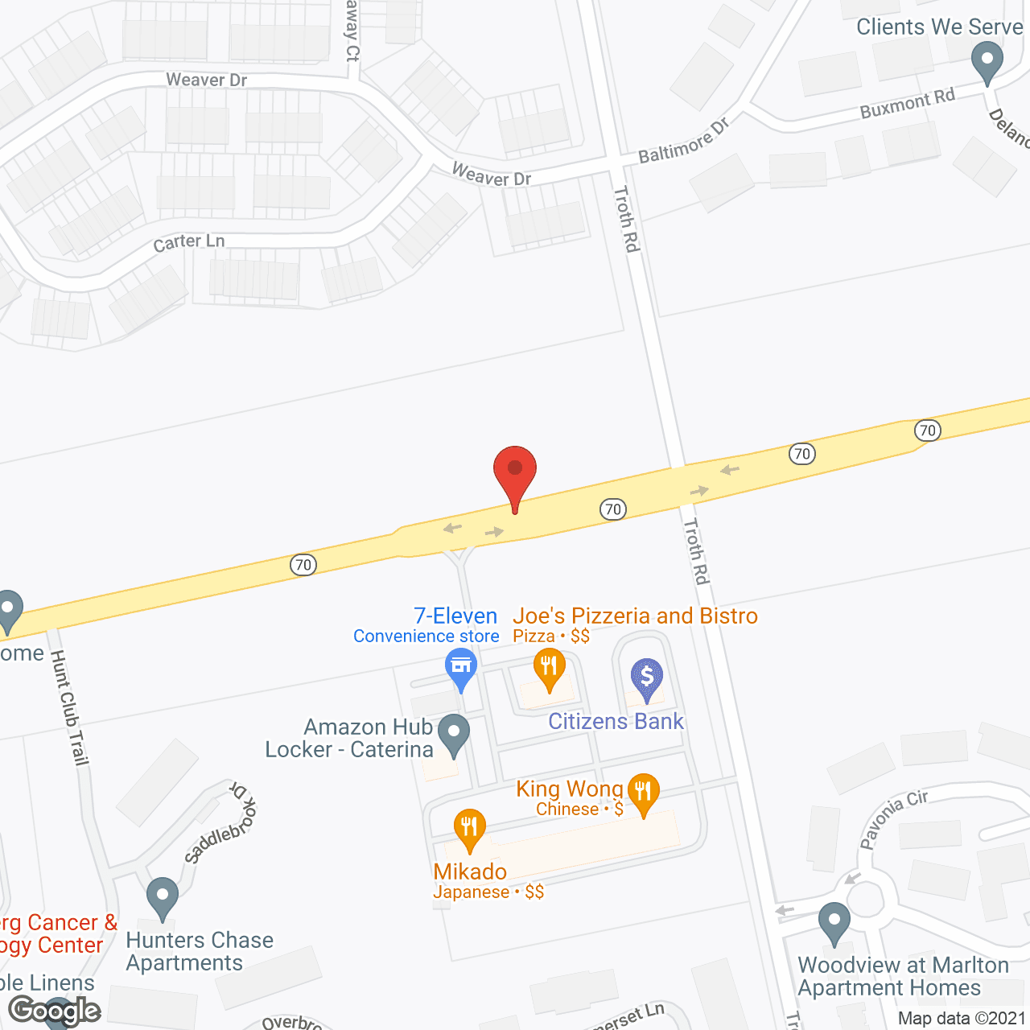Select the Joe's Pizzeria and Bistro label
[x=635, y=616]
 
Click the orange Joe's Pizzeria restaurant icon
[x=550, y=667]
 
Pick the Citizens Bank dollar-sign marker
[x=646, y=677]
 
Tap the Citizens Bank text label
[x=616, y=721]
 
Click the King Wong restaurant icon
[x=642, y=792]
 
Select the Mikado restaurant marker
[x=469, y=828]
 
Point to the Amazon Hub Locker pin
[x=454, y=734]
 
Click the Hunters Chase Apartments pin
[x=163, y=896]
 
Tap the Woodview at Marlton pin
[x=834, y=922]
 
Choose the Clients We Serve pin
[x=987, y=61]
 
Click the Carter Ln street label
[x=189, y=241]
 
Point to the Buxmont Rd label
[x=907, y=103]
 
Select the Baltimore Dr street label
[x=683, y=141]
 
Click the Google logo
[x=55, y=1010]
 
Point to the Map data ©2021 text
[x=962, y=1018]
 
